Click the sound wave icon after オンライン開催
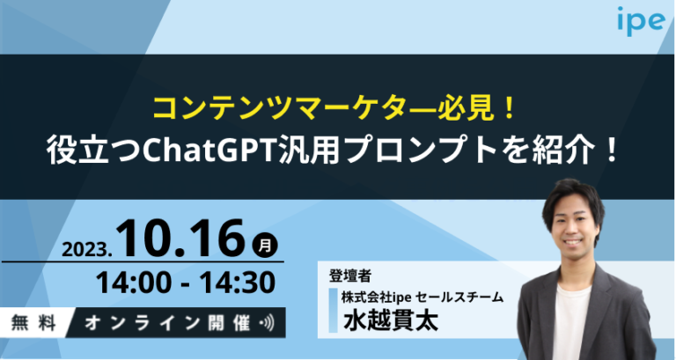coord(268,321)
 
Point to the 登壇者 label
coord(349,274)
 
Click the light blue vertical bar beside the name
coord(333,308)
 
